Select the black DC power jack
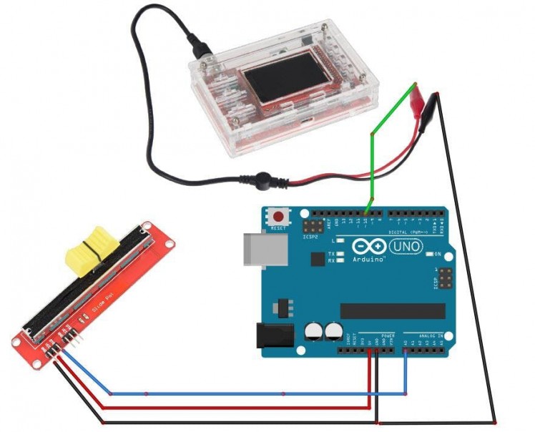click(x=274, y=336)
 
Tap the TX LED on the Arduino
click(x=341, y=254)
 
